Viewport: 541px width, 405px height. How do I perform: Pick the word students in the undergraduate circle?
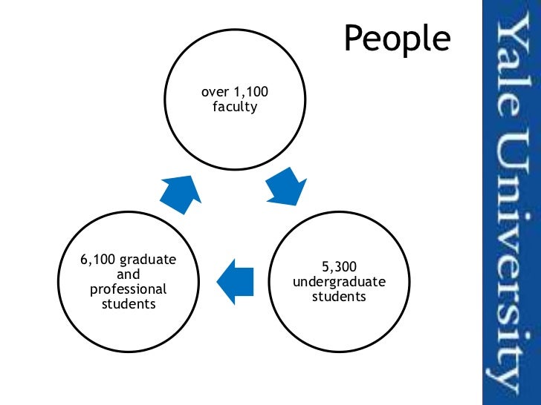tap(328, 297)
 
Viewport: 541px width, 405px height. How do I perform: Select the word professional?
tap(123, 289)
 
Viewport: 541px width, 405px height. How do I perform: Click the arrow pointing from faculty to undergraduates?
tap(285, 186)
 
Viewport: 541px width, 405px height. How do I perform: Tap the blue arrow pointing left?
tap(235, 280)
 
